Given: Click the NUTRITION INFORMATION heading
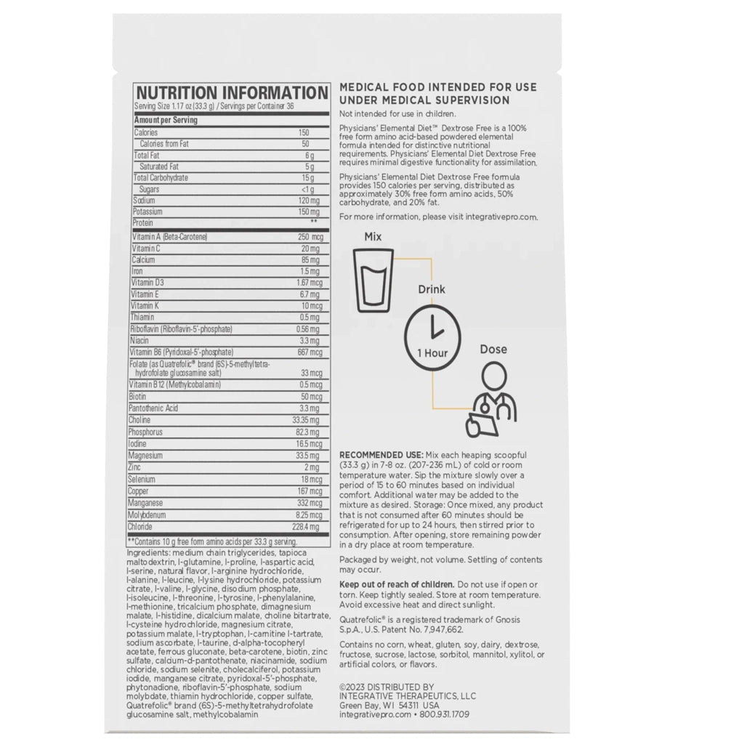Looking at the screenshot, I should click(232, 94).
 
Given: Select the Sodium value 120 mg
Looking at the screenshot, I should click(309, 200).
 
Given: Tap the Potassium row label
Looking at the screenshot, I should click(148, 211).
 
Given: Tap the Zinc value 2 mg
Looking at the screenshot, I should click(312, 467).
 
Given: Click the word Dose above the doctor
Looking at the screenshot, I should click(493, 350).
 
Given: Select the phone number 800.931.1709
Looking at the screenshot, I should click(447, 715).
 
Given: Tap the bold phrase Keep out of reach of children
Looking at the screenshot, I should click(397, 585).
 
